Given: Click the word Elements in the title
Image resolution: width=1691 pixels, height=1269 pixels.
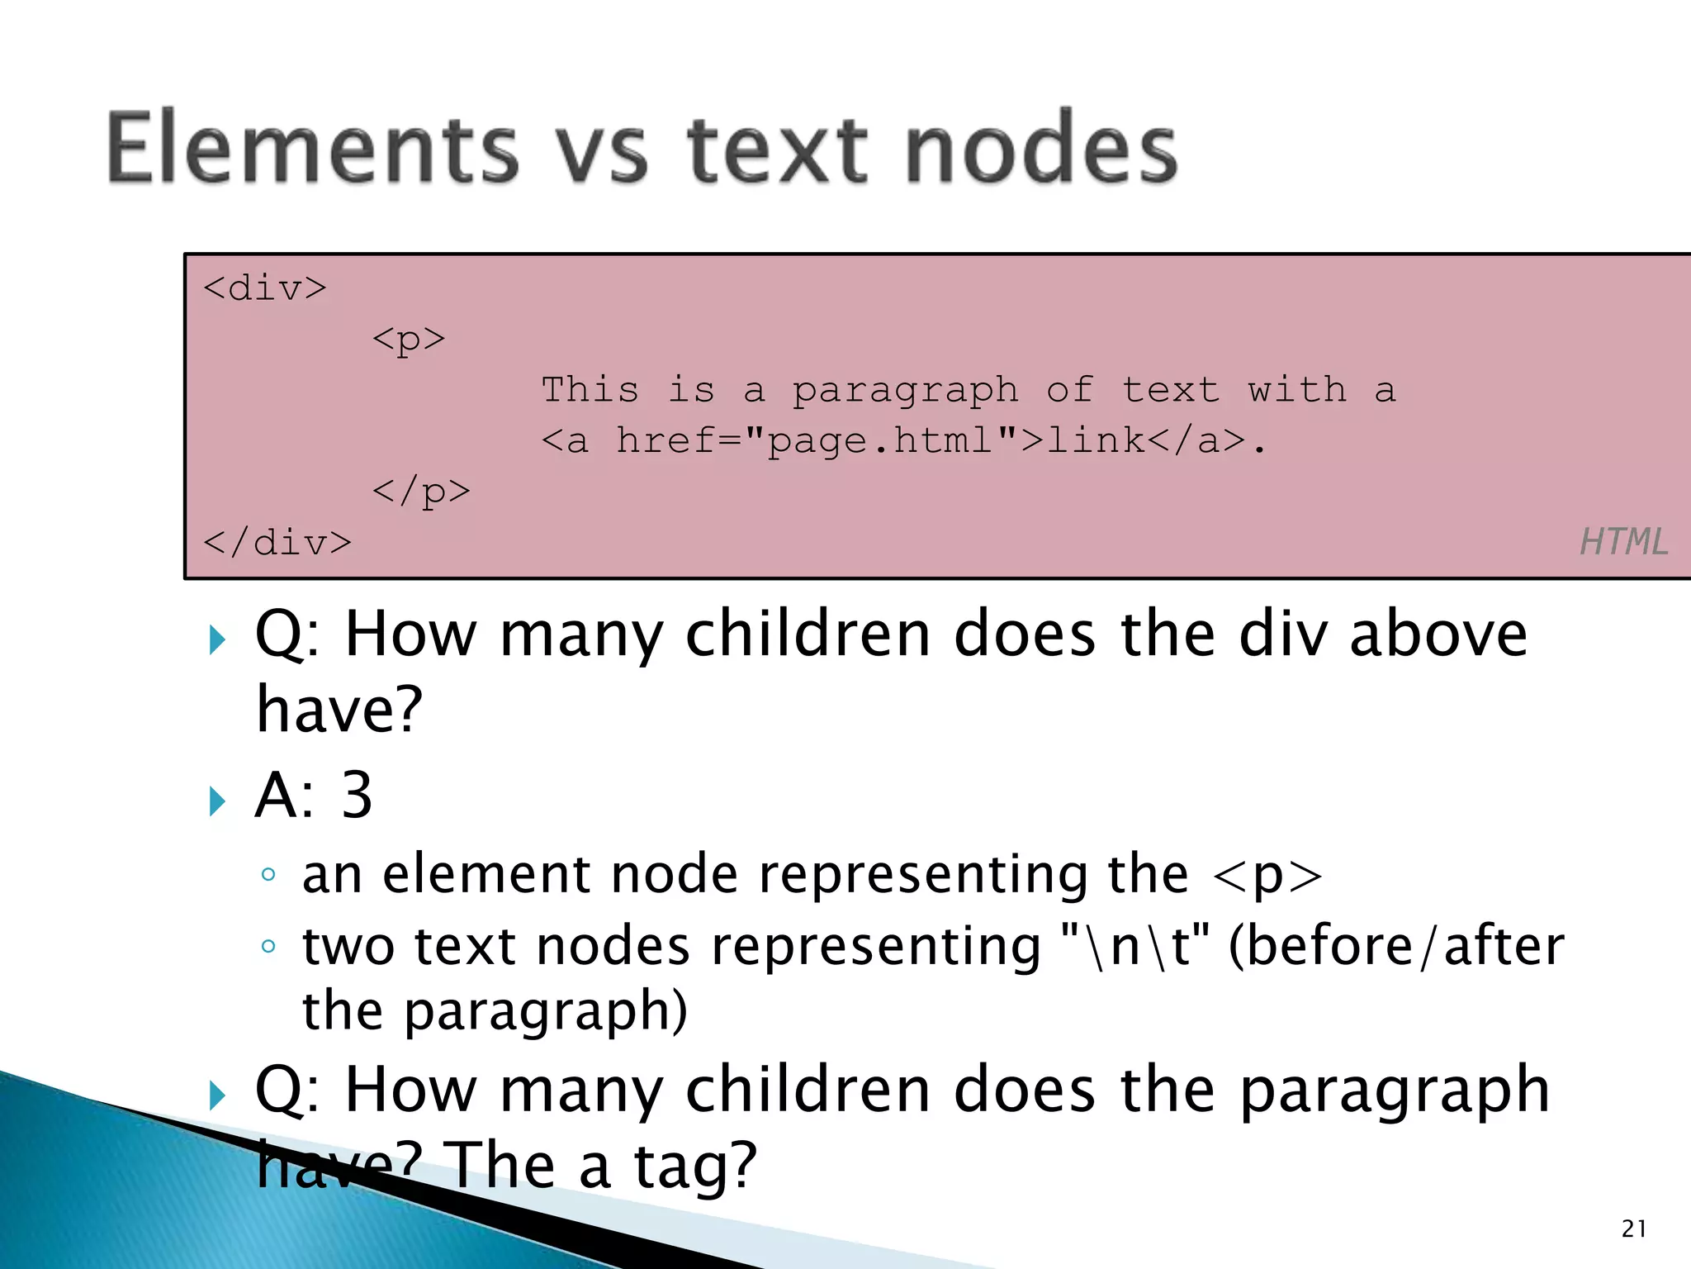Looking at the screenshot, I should pyautogui.click(x=312, y=149).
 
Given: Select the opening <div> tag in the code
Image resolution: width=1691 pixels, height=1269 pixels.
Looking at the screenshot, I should pyautogui.click(x=265, y=288).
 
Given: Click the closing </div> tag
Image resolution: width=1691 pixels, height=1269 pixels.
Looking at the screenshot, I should pyautogui.click(x=277, y=543).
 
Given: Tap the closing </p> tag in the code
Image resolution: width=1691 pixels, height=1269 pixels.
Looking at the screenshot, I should pyautogui.click(x=421, y=492).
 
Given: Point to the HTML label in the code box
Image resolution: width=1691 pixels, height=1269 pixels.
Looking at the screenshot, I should pyautogui.click(x=1623, y=542).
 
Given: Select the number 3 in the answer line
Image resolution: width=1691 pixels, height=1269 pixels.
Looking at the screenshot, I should pyautogui.click(x=357, y=795).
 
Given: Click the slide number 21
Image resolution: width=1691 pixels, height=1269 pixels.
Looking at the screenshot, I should pyautogui.click(x=1634, y=1229).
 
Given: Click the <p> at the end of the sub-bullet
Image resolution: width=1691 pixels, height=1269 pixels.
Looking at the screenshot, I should pyautogui.click(x=1267, y=876).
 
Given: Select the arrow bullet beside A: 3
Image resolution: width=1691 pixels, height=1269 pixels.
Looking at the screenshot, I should pyautogui.click(x=217, y=801).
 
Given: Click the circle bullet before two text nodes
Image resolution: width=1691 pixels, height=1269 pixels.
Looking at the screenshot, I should pyautogui.click(x=268, y=946).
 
